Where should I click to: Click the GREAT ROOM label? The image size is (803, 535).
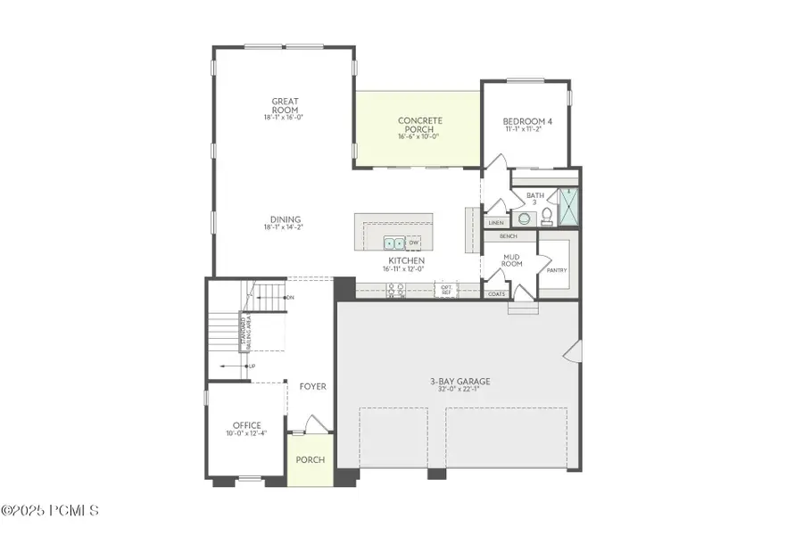[285, 104]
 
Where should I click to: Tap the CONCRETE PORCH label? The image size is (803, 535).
[419, 125]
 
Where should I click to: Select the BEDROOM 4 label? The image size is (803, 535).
[526, 121]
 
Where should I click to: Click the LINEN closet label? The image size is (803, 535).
[496, 223]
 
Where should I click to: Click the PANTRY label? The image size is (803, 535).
[556, 270]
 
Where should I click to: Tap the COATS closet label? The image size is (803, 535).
[497, 293]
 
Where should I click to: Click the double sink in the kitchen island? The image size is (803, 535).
[393, 243]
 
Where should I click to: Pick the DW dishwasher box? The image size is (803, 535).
[414, 243]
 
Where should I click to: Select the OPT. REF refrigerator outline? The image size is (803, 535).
[446, 289]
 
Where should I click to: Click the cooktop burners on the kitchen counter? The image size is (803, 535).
[395, 289]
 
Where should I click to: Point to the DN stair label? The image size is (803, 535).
[290, 297]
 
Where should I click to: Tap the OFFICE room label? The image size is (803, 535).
[246, 425]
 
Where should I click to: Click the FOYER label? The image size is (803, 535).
[312, 387]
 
